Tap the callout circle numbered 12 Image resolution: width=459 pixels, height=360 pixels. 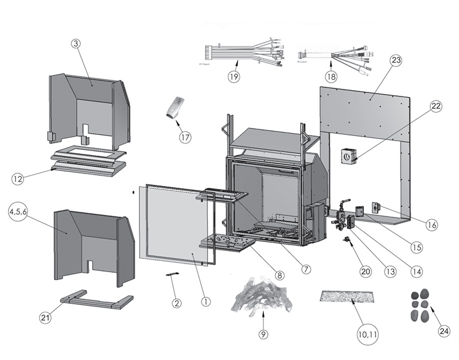tap(18, 179)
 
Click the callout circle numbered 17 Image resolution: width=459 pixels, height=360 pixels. tap(185, 137)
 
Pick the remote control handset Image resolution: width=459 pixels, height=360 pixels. tap(176, 107)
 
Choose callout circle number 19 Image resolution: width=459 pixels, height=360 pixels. tap(233, 76)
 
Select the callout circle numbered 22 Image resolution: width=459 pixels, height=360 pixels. tap(437, 107)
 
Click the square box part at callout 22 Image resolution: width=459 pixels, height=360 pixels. tap(348, 156)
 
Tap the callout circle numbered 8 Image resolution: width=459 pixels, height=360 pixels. tap(279, 274)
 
